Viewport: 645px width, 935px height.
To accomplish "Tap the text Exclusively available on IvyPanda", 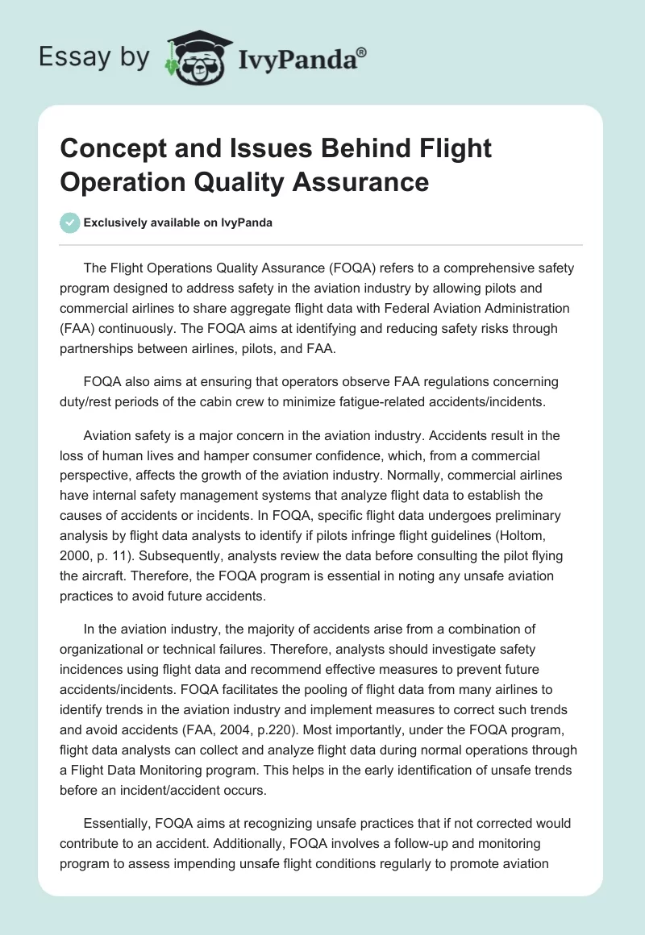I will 177,222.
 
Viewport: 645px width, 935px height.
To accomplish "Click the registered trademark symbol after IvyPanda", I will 362,52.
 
